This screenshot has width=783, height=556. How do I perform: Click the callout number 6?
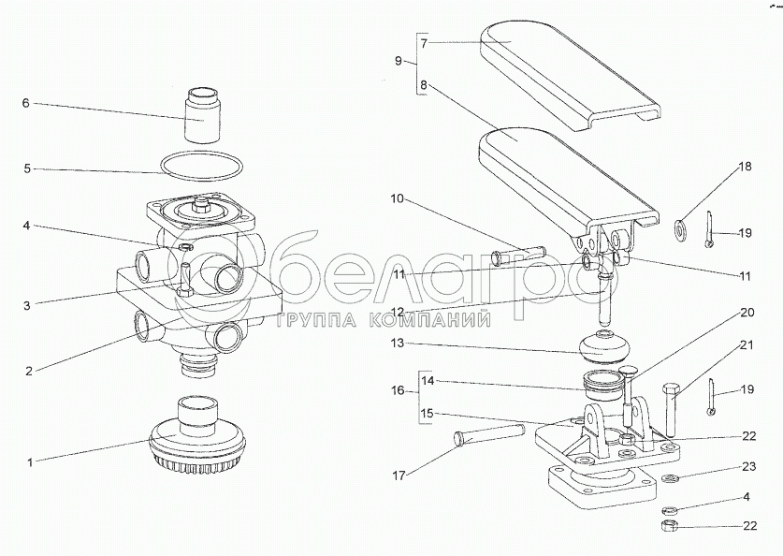[x=26, y=103]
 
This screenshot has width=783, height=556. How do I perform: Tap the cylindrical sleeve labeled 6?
[x=203, y=115]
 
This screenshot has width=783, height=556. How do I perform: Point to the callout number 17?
[x=399, y=476]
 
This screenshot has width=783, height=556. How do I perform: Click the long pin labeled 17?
[x=489, y=433]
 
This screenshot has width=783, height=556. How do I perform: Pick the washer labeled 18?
[x=680, y=228]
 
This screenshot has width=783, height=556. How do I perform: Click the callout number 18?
[x=745, y=167]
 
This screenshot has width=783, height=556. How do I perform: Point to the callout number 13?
[x=398, y=344]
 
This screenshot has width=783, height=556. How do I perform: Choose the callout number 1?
[x=29, y=462]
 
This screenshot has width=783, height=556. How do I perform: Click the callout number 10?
[x=397, y=198]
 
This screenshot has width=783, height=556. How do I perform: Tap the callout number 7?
[x=424, y=43]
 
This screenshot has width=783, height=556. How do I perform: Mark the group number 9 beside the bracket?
[x=398, y=61]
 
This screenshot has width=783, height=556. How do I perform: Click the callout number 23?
[x=749, y=466]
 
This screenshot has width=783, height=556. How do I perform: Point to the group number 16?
[x=398, y=390]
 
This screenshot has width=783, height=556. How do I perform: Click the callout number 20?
[x=747, y=313]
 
